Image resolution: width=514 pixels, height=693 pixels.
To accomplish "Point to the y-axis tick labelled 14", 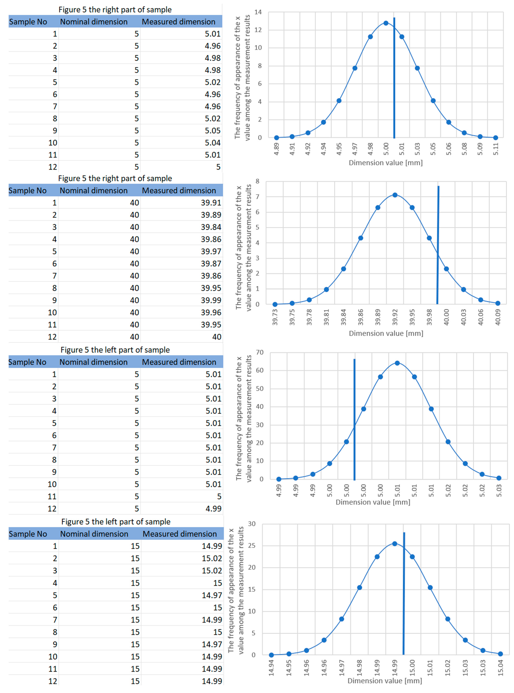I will coord(258,12).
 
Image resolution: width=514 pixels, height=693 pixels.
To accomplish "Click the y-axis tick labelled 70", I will coord(260,352).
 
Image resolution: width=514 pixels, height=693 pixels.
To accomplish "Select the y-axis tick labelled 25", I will coord(252,545).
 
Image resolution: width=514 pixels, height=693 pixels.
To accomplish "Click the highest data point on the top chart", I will coord(386,23).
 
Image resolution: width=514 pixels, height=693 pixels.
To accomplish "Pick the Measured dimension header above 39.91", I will coord(179,191).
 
